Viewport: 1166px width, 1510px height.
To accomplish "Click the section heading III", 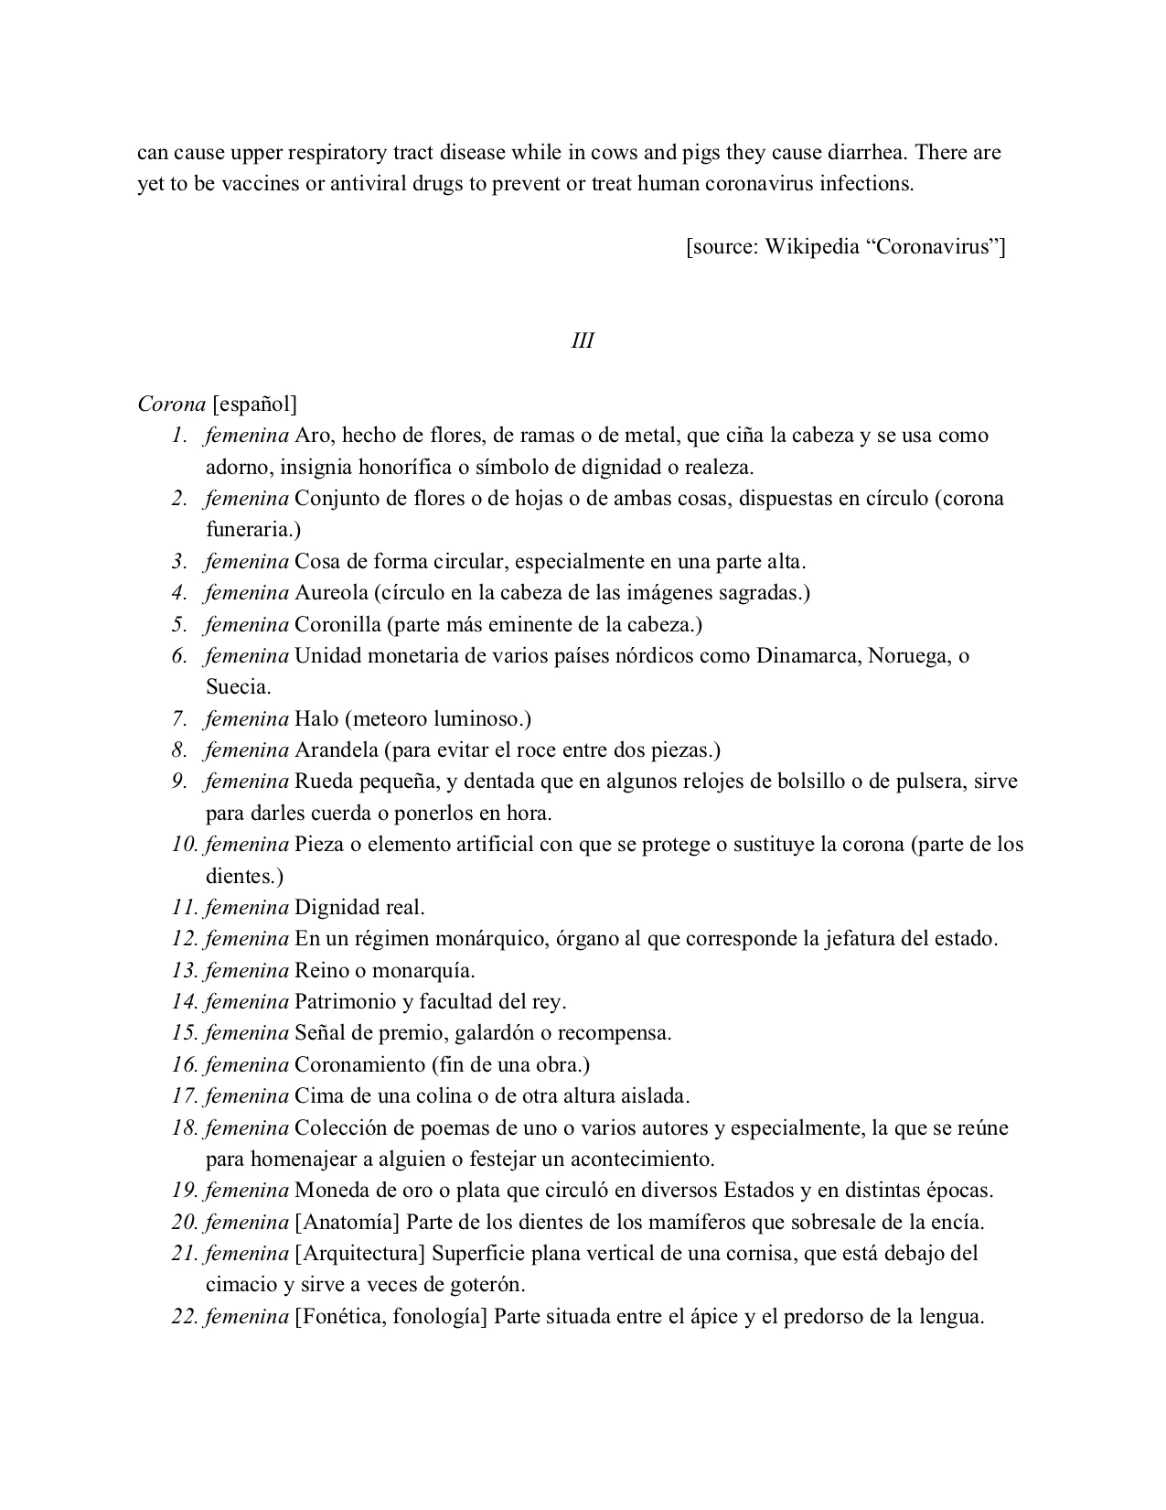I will click(583, 340).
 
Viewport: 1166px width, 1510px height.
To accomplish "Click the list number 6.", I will click(180, 656).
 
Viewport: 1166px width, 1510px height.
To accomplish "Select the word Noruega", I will click(907, 656).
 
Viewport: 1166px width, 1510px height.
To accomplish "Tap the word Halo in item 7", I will click(317, 718).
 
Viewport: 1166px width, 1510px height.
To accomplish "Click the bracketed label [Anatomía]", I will click(348, 1222).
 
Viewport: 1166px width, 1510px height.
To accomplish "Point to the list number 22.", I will click(185, 1317).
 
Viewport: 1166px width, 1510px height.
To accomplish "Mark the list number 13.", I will click(185, 970).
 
